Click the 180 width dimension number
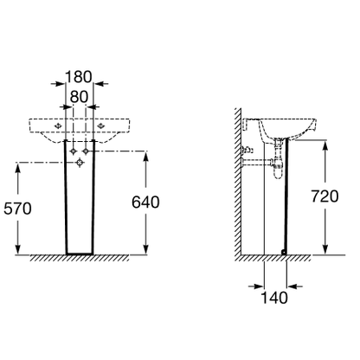(79, 77)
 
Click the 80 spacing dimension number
(79, 97)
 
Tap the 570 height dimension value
(17, 209)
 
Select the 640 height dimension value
(145, 202)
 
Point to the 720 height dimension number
(325, 196)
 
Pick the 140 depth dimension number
(274, 298)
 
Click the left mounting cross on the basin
(58, 125)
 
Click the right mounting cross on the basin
(100, 125)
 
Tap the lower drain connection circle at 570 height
(80, 163)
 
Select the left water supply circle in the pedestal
(74, 151)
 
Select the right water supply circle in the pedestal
(86, 151)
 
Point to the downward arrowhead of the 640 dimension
(146, 249)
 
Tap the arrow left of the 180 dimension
(58, 84)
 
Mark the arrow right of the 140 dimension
(294, 286)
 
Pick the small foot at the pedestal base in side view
(284, 252)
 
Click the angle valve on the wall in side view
(247, 150)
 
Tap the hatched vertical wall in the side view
(237, 182)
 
